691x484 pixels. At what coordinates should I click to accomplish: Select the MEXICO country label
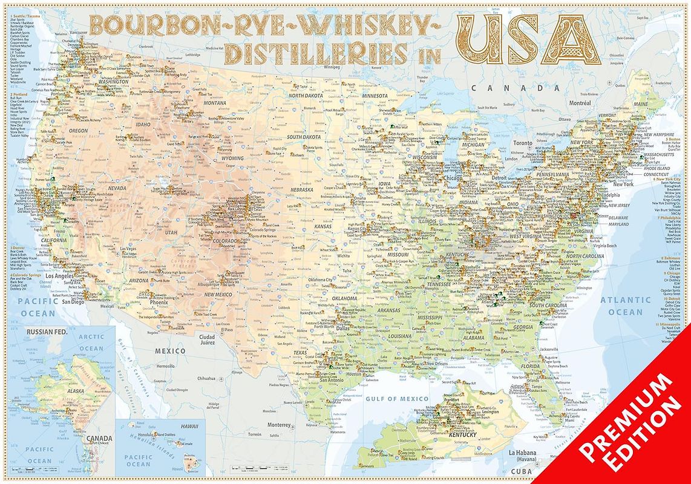[x=170, y=352]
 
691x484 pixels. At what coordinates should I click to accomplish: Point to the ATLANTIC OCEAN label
[x=625, y=306]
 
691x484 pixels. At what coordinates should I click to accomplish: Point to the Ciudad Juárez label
[x=208, y=340]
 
